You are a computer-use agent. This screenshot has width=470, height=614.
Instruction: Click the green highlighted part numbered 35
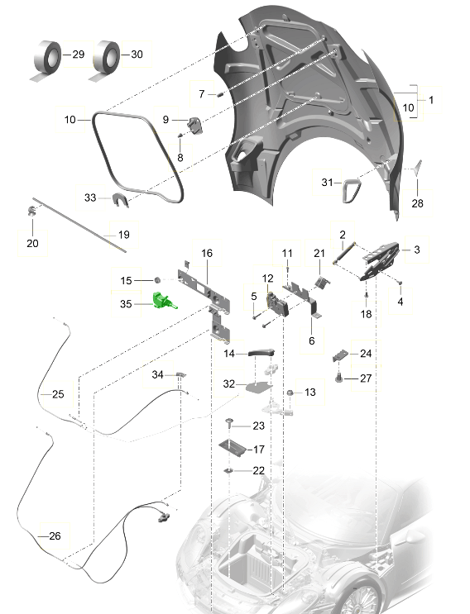tap(164, 301)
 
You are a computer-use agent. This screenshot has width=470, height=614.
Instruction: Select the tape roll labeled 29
tap(46, 60)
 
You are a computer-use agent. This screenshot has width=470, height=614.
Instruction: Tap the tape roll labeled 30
tap(105, 60)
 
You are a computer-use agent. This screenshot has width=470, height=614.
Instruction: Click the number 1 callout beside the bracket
tap(431, 100)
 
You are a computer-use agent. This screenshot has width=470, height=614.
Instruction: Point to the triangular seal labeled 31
tap(350, 191)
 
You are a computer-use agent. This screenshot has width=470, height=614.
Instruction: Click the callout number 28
tap(418, 202)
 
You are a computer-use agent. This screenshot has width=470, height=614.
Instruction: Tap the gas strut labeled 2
tap(344, 254)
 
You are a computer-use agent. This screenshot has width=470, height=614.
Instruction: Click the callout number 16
tap(207, 253)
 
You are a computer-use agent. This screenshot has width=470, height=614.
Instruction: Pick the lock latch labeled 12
tap(277, 305)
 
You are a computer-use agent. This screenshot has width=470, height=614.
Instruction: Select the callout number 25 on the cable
tap(58, 394)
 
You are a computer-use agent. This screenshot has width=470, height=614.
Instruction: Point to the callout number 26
tap(55, 535)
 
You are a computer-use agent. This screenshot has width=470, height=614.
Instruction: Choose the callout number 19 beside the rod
tap(124, 235)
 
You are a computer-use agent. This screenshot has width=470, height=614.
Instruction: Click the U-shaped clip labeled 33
tap(119, 200)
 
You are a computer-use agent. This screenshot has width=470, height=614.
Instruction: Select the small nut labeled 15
tap(157, 280)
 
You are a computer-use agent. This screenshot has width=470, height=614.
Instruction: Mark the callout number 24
tap(366, 353)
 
